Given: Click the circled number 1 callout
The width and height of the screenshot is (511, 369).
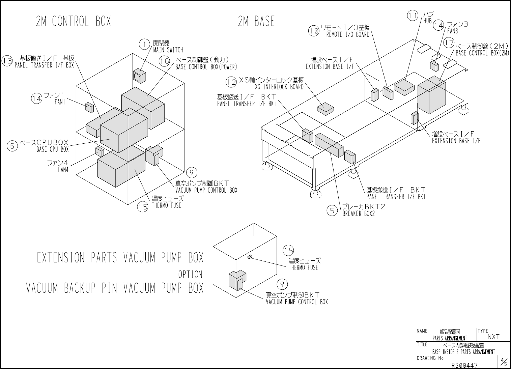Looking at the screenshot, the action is tap(144, 44).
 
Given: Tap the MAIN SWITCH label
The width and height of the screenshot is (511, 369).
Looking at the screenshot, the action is tap(168, 50).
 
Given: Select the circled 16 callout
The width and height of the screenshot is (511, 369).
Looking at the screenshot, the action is tap(165, 61).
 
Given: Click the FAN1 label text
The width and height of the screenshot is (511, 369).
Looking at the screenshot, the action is tap(60, 102).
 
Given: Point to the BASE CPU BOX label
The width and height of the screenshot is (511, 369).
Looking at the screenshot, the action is tap(52, 149).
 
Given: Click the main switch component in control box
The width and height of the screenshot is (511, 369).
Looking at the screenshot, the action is tap(139, 76).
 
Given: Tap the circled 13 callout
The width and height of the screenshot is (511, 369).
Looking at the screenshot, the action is tap(7, 61).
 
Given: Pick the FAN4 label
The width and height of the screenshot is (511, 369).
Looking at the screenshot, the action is tap(63, 170).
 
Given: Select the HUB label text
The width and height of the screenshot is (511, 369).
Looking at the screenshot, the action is tap(427, 21).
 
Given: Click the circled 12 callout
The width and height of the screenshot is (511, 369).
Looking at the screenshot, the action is tap(231, 82).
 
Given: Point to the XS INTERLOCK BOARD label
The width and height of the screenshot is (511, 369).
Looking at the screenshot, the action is tap(279, 87).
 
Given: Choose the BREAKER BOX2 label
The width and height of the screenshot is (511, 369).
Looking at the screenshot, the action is tap(359, 214).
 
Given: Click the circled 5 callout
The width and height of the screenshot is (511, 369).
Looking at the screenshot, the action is tap(332, 210).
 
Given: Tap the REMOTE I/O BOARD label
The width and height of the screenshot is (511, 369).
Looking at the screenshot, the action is tap(348, 34).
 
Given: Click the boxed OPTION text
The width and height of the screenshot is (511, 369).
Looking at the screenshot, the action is tap(190, 274).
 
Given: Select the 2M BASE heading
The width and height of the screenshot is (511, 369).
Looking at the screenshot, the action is tap(256, 22).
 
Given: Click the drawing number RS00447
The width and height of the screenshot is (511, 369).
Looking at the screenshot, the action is tap(464, 365).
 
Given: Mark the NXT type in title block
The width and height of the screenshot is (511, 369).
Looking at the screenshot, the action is tap(493, 337).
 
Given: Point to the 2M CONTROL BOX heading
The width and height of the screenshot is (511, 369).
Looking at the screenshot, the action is tap(73, 22).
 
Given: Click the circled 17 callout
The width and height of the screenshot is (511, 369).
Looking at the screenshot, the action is tap(449, 43).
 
